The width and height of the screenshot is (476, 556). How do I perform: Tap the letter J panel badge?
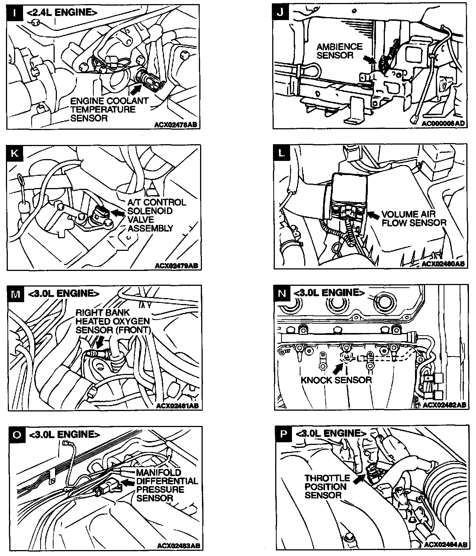tap(281, 13)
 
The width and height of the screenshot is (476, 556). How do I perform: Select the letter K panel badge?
tap(15, 153)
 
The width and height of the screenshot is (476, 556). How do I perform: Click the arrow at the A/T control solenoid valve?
tap(119, 213)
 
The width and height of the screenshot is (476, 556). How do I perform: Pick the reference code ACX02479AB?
tap(177, 266)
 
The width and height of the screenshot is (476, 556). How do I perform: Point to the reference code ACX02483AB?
tap(178, 546)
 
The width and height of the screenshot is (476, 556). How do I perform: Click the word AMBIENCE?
tap(339, 47)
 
